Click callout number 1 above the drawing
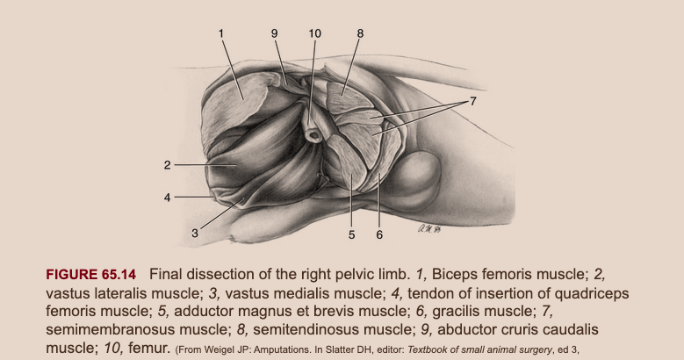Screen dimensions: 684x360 222,33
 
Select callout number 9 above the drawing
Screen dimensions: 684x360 274,33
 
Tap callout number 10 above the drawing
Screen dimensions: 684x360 315,33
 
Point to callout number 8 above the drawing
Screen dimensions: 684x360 360,33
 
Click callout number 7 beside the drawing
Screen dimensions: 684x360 472,101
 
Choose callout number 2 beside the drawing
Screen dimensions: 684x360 166,164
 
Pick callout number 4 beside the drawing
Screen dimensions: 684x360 166,198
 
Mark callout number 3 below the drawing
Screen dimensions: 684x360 195,234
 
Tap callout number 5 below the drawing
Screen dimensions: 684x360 350,234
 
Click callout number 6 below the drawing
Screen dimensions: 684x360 378,234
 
